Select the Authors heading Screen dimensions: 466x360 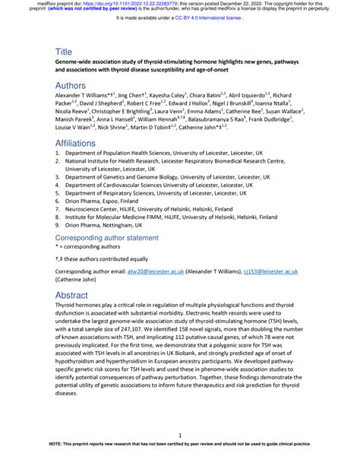[72, 86]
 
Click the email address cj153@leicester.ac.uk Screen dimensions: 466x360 [273, 271]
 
